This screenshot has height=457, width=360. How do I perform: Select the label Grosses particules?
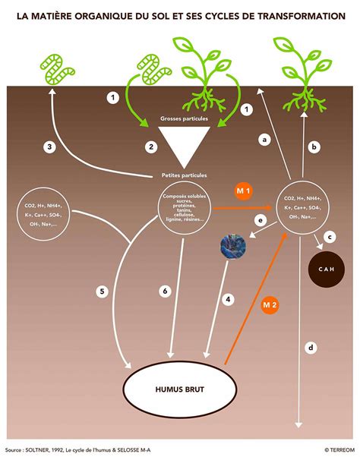click(183, 118)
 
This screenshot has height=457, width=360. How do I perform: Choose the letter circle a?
click(265, 139)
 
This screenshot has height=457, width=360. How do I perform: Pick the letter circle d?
click(310, 348)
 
